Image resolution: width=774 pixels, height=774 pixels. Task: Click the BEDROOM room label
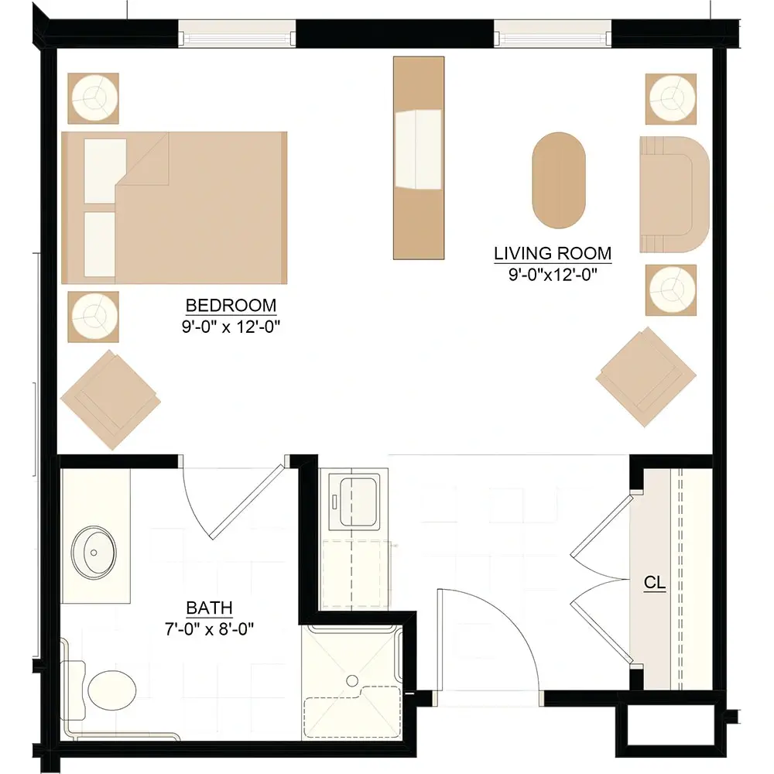pos(231,306)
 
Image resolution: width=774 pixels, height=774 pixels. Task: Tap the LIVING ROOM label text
pos(553,253)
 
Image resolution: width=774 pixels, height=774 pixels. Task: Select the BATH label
pos(209,608)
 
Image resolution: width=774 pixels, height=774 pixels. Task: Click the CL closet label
pos(655,583)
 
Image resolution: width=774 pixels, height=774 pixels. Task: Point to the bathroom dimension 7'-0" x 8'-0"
pos(209,628)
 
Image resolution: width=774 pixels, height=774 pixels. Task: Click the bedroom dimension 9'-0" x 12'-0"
pos(231,327)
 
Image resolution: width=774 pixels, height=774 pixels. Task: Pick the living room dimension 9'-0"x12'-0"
pos(553,275)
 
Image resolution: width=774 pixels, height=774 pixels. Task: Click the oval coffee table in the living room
pos(559,180)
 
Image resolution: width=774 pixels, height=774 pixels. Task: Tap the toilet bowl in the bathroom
pos(112,690)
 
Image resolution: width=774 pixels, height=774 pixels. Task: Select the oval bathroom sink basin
pos(94,552)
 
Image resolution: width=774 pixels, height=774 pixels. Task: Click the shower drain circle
pos(352,680)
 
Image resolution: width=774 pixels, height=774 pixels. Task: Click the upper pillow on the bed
pos(105,170)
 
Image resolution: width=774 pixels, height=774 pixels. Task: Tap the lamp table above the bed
pos(94,98)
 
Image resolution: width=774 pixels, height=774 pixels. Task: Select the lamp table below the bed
pos(94,317)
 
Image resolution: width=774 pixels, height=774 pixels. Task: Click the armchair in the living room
pos(674,194)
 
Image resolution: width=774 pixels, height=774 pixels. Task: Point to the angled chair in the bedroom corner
pos(111,400)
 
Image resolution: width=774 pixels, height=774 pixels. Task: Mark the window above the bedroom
pos(237,33)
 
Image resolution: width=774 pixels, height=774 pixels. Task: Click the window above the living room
pos(553,33)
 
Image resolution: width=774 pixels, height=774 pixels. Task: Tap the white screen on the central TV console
pos(419,149)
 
